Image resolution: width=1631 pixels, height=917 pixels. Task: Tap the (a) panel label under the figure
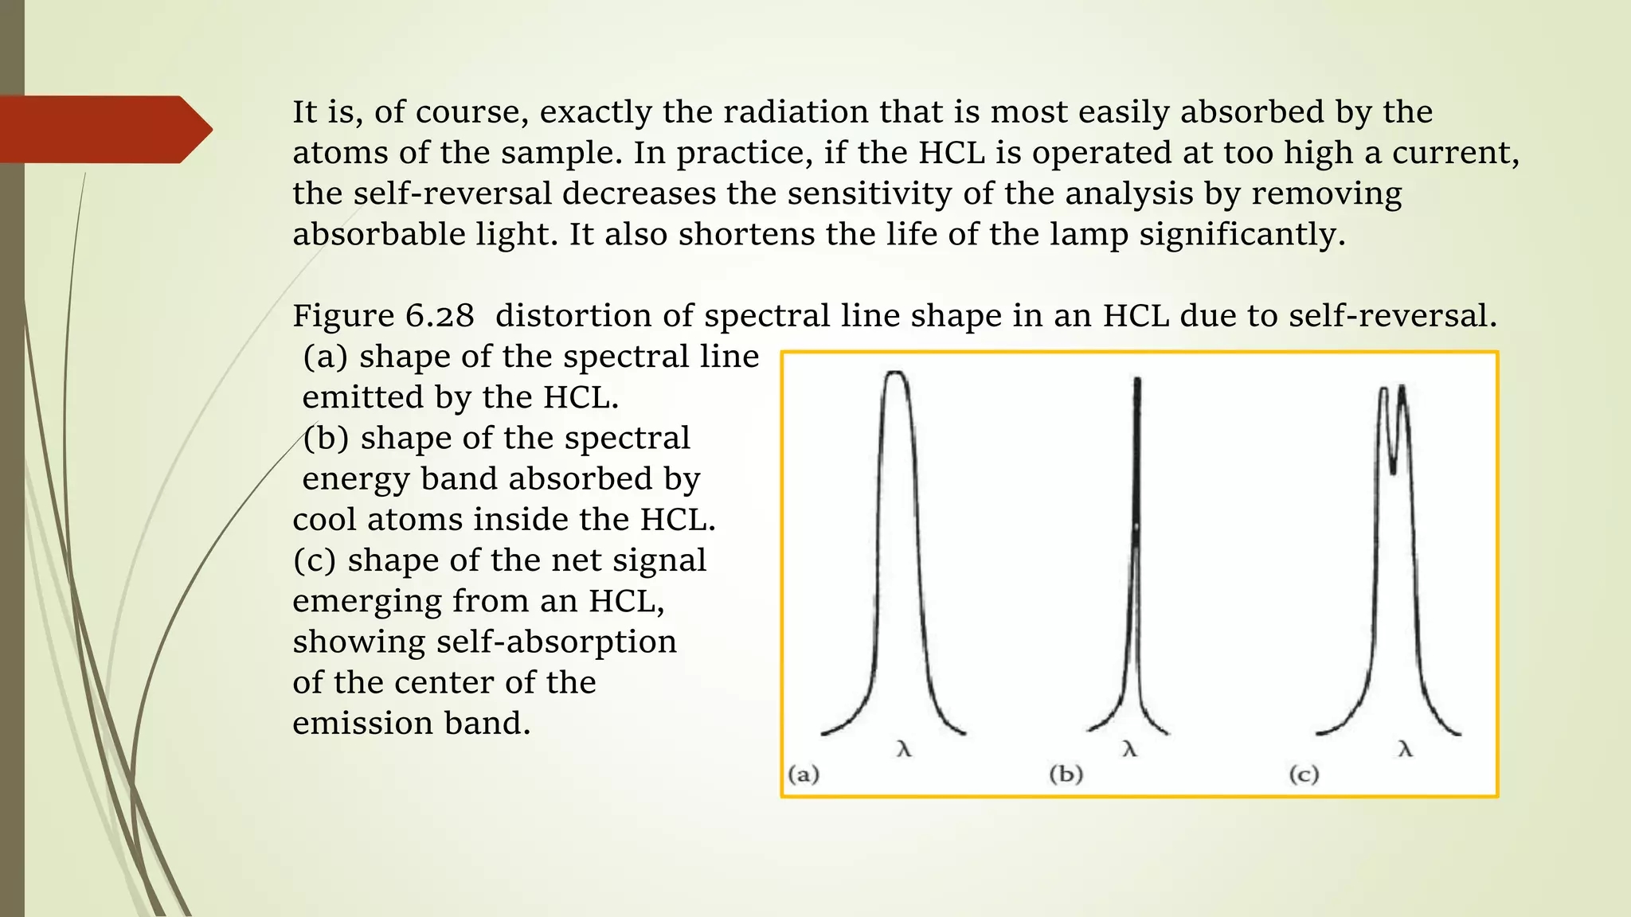(x=804, y=774)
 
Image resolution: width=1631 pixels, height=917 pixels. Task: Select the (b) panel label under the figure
(x=1066, y=774)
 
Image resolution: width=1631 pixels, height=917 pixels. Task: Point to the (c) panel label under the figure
(x=1304, y=774)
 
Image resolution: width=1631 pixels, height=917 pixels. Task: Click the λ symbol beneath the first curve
(x=903, y=749)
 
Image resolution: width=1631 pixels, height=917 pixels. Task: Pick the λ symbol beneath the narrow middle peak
(x=1129, y=749)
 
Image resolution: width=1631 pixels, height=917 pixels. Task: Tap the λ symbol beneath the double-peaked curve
(x=1406, y=749)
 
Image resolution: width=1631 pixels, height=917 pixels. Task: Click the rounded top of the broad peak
(x=896, y=373)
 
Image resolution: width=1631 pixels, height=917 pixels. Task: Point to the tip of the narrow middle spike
(x=1137, y=380)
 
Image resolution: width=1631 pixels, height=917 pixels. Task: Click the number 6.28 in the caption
(x=440, y=316)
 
